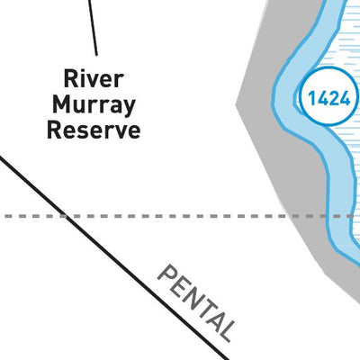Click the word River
pyautogui.click(x=94, y=78)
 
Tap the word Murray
pyautogui.click(x=94, y=105)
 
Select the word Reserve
pyautogui.click(x=94, y=130)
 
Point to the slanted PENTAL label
pyautogui.click(x=196, y=303)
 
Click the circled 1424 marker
pyautogui.click(x=329, y=96)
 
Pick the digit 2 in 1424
pyautogui.click(x=334, y=99)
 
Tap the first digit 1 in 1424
pyautogui.click(x=312, y=99)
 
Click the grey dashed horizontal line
pyautogui.click(x=180, y=216)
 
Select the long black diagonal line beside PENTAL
pyautogui.click(x=114, y=256)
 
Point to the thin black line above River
pyautogui.click(x=93, y=28)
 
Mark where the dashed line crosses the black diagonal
pyautogui.click(x=64, y=216)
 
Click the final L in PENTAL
pyautogui.click(x=225, y=331)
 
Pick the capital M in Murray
pyautogui.click(x=60, y=104)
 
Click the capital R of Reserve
pyautogui.click(x=53, y=130)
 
